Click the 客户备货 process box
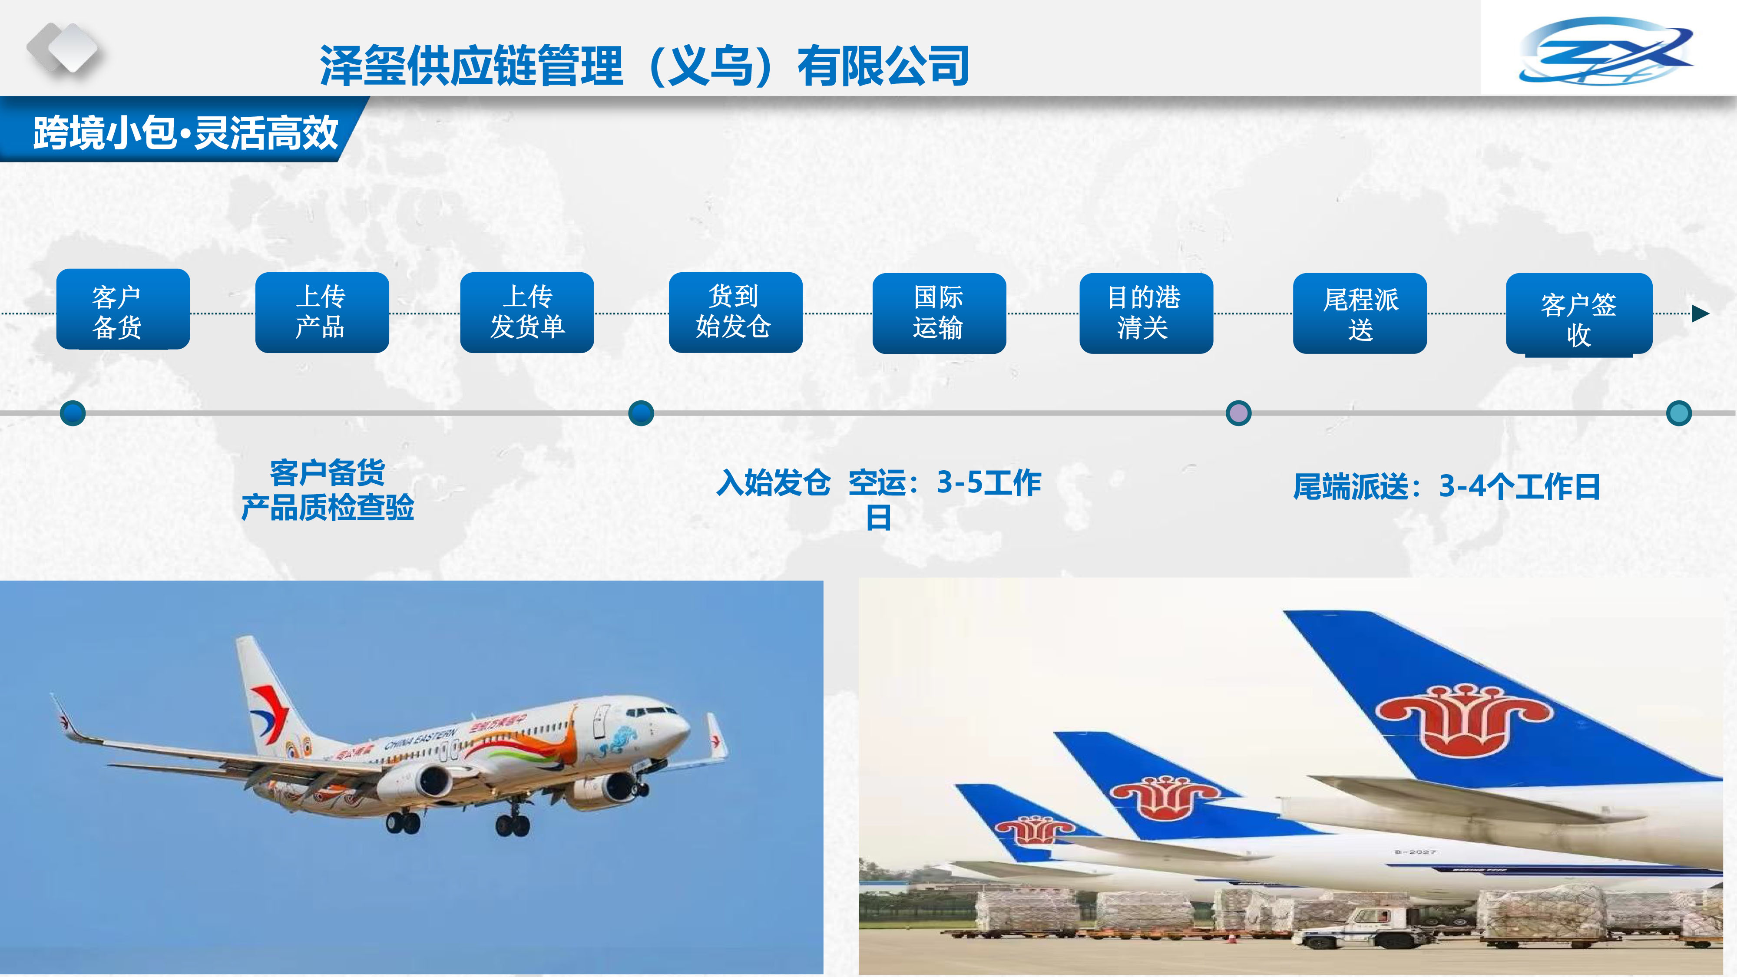point(123,310)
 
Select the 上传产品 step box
point(321,312)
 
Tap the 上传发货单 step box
point(526,312)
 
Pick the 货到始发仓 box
point(735,312)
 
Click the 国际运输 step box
point(939,313)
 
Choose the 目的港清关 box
point(1146,313)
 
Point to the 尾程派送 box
point(1360,313)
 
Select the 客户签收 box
point(1578,314)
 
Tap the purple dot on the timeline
point(1238,413)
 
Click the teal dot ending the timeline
point(1678,413)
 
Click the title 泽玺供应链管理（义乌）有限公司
point(645,66)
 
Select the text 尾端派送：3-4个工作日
point(1446,485)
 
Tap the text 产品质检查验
point(328,507)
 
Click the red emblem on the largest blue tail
point(1464,720)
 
